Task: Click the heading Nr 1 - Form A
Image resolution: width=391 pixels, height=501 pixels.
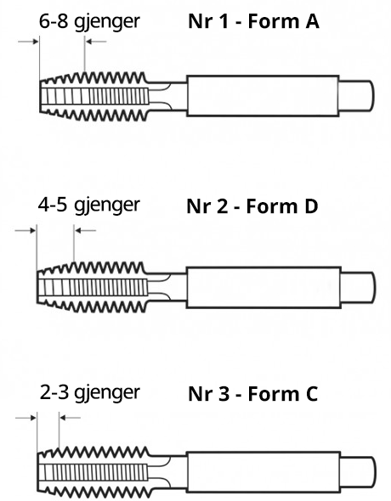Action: (x=254, y=21)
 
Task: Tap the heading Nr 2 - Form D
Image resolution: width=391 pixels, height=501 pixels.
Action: (x=252, y=206)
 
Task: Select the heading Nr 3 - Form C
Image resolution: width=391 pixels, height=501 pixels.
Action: (x=253, y=393)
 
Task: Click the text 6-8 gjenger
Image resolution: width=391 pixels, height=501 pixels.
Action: (x=89, y=22)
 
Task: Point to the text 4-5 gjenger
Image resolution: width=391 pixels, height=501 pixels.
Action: (x=89, y=205)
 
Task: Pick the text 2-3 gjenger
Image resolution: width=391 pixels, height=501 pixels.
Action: (x=90, y=393)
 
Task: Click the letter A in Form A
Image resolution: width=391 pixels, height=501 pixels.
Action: (x=312, y=21)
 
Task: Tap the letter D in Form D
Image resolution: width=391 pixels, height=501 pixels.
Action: (x=311, y=206)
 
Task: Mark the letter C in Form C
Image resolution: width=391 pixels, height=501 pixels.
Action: (x=311, y=394)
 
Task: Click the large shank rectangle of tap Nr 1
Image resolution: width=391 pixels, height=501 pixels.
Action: (x=263, y=96)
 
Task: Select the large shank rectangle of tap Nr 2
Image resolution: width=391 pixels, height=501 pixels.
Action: (x=263, y=287)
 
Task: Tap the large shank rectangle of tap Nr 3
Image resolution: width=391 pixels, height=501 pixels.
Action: (x=263, y=472)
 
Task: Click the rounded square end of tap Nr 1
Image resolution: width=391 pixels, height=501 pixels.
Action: (x=356, y=96)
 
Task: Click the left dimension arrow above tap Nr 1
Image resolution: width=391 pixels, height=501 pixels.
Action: (x=28, y=42)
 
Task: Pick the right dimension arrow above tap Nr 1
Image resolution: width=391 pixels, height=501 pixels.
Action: (x=96, y=42)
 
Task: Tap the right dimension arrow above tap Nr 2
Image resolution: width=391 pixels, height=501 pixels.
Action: (x=85, y=230)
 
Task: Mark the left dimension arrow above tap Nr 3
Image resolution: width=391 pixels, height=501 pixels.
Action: (x=25, y=417)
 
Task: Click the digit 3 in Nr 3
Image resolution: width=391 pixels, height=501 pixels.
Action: (x=224, y=394)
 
